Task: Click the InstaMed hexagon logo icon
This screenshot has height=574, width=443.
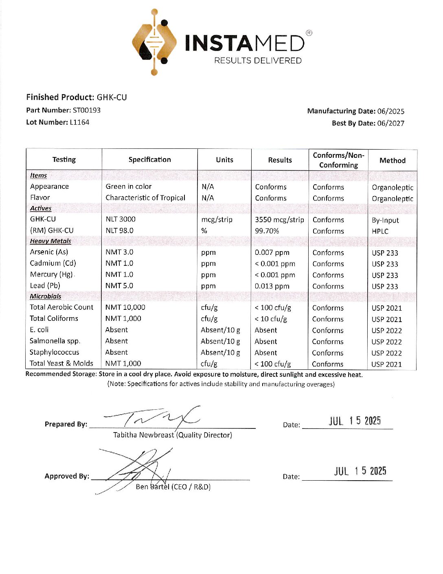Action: [154, 42]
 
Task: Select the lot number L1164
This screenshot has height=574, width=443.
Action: [79, 122]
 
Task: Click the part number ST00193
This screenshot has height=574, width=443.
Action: [87, 110]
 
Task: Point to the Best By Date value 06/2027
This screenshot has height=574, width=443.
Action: [391, 123]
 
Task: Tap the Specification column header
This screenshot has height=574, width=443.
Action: [149, 160]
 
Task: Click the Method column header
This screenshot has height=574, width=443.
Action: [393, 161]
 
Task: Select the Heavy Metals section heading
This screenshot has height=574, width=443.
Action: [50, 241]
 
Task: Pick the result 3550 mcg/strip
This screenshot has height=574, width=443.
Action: [279, 220]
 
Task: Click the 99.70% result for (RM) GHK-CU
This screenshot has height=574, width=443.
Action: [267, 231]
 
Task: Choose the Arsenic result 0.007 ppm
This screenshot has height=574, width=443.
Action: [272, 253]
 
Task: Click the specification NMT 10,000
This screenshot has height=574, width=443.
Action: [125, 307]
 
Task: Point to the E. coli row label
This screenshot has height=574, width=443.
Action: [39, 330]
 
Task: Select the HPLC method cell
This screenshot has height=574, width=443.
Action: [380, 231]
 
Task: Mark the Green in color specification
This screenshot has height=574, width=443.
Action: [128, 187]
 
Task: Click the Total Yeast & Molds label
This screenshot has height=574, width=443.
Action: [61, 363]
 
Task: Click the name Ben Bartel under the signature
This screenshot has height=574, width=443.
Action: [152, 487]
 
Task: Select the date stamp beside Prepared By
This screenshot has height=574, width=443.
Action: [355, 421]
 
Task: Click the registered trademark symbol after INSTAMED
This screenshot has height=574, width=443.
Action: [309, 33]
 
